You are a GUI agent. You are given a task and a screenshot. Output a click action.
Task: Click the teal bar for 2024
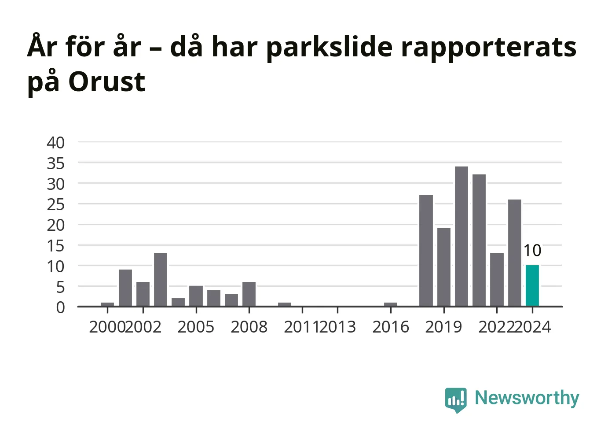532,285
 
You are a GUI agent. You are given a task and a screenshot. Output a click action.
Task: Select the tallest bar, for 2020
461,236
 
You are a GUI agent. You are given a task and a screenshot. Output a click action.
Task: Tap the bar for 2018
426,251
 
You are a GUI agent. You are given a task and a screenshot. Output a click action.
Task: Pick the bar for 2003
161,279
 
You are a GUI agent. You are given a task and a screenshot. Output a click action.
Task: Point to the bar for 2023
515,253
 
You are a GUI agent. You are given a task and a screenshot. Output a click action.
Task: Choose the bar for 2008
249,294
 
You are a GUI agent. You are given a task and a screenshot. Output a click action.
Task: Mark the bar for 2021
479,240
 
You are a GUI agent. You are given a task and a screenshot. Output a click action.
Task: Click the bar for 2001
125,288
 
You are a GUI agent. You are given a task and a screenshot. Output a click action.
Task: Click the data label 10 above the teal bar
532,250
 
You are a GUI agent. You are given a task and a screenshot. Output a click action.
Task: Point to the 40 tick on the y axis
55,143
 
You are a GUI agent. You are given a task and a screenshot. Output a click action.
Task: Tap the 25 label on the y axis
55,205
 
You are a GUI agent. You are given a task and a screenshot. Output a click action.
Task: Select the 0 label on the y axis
60,307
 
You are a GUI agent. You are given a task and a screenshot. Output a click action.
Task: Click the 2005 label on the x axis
196,327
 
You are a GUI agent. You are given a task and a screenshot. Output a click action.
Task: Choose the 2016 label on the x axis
391,327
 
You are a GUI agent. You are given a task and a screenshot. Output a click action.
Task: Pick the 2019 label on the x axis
443,327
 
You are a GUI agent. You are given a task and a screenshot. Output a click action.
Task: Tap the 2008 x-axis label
249,327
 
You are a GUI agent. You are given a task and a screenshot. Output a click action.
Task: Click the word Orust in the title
106,81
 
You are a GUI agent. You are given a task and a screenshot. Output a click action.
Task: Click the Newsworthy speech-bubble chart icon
456,400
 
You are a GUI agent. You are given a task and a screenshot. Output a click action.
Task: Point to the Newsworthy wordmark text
527,398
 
